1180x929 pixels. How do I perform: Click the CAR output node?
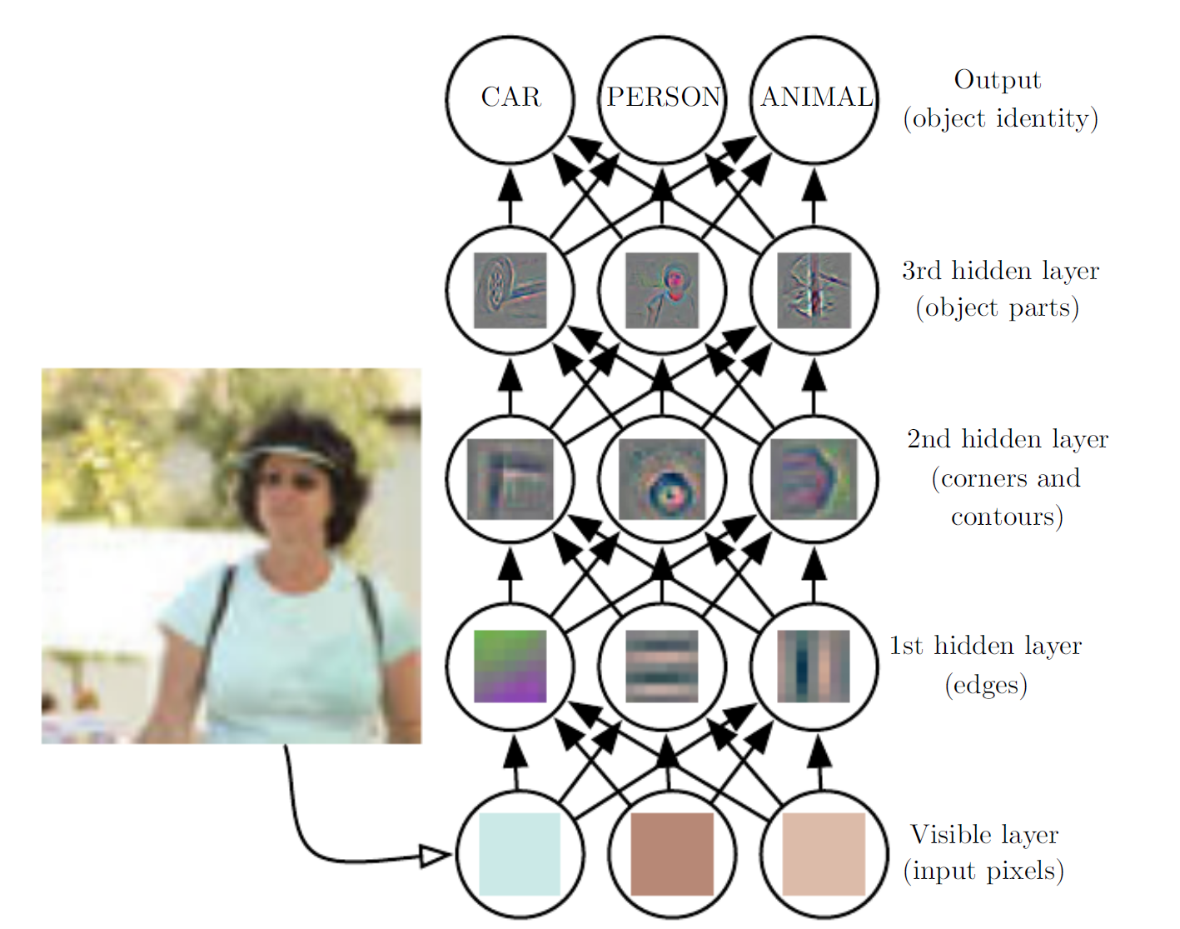tap(510, 98)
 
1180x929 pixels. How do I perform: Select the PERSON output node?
tap(663, 98)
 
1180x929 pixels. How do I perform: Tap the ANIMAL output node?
tap(815, 98)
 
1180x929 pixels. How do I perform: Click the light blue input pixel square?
tap(520, 854)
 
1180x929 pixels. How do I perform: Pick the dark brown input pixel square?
tap(672, 854)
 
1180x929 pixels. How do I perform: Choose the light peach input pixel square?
tap(824, 854)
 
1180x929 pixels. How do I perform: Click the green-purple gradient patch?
tap(510, 666)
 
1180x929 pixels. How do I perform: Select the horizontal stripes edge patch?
tap(662, 666)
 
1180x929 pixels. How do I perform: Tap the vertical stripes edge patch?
tap(814, 666)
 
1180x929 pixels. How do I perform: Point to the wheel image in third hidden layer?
tap(510, 290)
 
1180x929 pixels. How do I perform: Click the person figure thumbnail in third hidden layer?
tap(662, 290)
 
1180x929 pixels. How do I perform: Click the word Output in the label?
tap(997, 80)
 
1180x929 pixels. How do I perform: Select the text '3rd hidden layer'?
tap(1000, 271)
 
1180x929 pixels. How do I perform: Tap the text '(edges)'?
tap(986, 685)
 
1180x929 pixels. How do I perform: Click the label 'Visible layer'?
tap(984, 834)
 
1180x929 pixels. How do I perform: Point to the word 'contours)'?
tap(1007, 517)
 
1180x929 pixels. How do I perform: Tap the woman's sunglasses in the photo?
tap(287, 481)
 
